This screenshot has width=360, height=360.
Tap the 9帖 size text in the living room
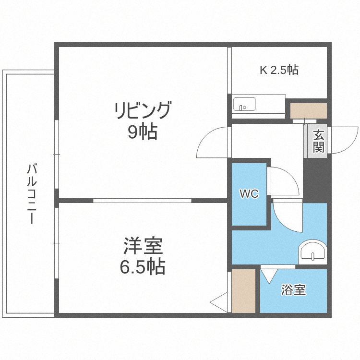point(142,132)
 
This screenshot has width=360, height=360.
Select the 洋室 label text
point(143,247)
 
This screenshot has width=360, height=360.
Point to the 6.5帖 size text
point(143,266)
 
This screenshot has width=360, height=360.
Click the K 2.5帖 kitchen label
point(279,70)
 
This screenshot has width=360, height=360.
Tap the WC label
point(249,194)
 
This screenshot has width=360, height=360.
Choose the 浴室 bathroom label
point(293,290)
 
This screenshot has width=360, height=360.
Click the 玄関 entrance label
point(318,141)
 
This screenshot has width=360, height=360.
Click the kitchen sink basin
point(244,104)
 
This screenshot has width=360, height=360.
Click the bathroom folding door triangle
point(269,275)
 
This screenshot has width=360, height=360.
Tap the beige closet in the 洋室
point(243,291)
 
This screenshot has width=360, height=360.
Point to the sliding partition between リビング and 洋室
point(142,200)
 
